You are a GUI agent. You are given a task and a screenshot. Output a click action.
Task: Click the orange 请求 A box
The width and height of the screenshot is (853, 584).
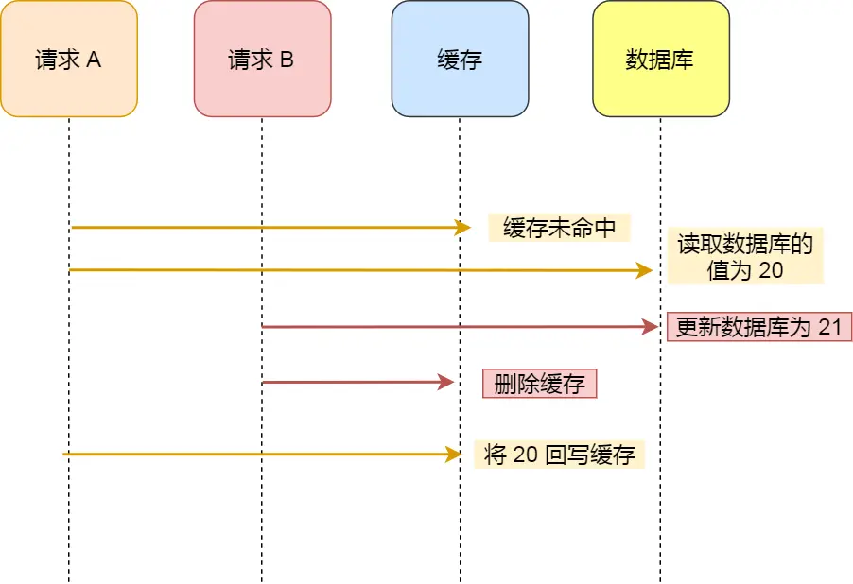(69, 59)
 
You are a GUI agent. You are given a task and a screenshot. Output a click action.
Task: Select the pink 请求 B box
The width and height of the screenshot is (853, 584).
(262, 59)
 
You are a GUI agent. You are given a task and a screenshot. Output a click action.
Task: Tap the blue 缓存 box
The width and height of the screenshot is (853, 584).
(460, 59)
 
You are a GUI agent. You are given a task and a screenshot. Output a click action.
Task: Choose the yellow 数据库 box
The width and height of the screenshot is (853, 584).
(660, 59)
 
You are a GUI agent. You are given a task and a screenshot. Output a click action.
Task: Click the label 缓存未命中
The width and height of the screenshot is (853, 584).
(559, 228)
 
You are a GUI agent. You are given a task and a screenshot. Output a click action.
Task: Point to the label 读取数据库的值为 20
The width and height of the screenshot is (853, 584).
(745, 257)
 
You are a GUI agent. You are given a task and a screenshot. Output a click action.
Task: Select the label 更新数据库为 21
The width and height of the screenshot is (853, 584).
(759, 327)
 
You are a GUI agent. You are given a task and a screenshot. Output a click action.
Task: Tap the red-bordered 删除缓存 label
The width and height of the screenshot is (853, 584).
(539, 383)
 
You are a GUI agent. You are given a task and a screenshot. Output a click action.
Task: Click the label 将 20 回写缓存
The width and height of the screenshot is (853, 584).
(559, 455)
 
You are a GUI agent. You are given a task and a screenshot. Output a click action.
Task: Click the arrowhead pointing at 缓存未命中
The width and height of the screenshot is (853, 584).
(462, 228)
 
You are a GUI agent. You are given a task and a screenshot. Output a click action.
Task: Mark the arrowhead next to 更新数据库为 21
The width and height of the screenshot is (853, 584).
(650, 327)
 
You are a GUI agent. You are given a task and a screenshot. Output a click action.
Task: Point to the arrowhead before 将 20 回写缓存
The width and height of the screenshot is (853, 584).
(453, 455)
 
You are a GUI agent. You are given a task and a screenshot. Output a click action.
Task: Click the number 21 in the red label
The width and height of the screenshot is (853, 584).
(829, 327)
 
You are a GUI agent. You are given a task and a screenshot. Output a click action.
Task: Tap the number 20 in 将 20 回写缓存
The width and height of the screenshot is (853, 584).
(525, 455)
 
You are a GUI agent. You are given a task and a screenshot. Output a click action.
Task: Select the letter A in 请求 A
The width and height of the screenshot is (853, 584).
(94, 60)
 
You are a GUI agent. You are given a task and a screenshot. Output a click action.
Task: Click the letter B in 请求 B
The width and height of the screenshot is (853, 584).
(287, 60)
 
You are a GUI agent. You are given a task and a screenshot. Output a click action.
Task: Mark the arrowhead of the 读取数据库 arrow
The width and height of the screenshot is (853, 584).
(645, 271)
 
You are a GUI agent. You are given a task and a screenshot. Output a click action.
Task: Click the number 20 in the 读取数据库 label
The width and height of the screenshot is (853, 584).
(771, 270)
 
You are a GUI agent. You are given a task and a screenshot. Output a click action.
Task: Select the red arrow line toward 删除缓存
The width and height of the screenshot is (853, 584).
(350, 383)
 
